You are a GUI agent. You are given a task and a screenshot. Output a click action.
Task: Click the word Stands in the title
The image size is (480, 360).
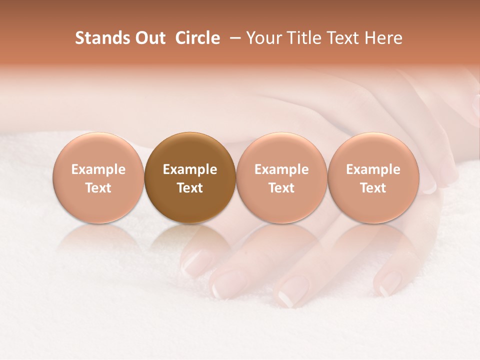click(102, 38)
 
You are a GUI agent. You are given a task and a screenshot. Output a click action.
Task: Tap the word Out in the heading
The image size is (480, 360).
click(150, 38)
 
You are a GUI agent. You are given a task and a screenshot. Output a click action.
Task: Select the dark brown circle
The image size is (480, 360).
click(190, 150)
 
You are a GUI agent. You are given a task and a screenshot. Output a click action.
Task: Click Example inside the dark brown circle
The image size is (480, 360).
click(190, 169)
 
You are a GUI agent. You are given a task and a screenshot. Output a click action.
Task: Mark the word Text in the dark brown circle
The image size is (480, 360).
click(190, 188)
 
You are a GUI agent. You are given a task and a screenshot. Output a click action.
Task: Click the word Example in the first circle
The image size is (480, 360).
click(98, 169)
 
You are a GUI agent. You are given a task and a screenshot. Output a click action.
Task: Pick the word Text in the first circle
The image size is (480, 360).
click(98, 188)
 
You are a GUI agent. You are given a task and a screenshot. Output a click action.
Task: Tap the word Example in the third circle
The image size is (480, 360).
click(281, 169)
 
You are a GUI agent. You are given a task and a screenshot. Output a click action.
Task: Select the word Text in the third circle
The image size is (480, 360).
click(281, 188)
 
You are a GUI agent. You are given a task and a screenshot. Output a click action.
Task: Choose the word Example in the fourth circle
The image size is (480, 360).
click(373, 169)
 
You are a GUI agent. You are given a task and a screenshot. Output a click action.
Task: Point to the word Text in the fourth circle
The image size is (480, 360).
click(373, 188)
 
